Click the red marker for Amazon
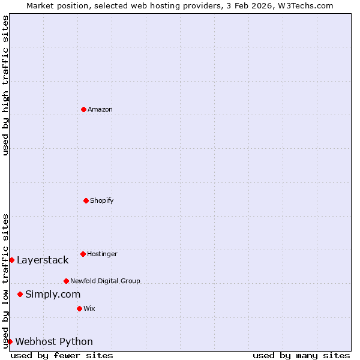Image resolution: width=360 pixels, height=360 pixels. [x=83, y=109]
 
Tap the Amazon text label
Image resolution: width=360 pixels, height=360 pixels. [x=100, y=110]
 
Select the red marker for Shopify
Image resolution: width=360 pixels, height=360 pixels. [x=86, y=200]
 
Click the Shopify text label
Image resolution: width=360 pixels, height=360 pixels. [x=102, y=200]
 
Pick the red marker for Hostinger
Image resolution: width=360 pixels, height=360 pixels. [x=83, y=254]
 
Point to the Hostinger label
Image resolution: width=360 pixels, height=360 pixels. [x=102, y=254]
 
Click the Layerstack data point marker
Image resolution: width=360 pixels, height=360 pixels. [x=11, y=260]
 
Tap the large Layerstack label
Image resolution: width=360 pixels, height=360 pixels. [x=43, y=260]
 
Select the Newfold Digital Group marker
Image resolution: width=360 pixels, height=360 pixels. [x=66, y=281]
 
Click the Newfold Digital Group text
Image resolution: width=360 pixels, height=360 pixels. [x=105, y=281]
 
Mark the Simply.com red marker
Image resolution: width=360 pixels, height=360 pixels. [x=20, y=294]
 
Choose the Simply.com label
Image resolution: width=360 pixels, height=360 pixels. [x=53, y=294]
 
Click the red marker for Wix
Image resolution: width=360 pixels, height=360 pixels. [x=79, y=308]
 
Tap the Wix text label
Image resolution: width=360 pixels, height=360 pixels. [x=89, y=308]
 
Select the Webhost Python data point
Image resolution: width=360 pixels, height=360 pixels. [x=10, y=341]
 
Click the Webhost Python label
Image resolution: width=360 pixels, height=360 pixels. [x=54, y=342]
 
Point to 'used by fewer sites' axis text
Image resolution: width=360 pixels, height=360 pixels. [x=62, y=356]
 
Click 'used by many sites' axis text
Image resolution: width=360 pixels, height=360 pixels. [x=301, y=356]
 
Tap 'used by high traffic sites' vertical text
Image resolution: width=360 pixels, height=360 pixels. [x=5, y=85]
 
